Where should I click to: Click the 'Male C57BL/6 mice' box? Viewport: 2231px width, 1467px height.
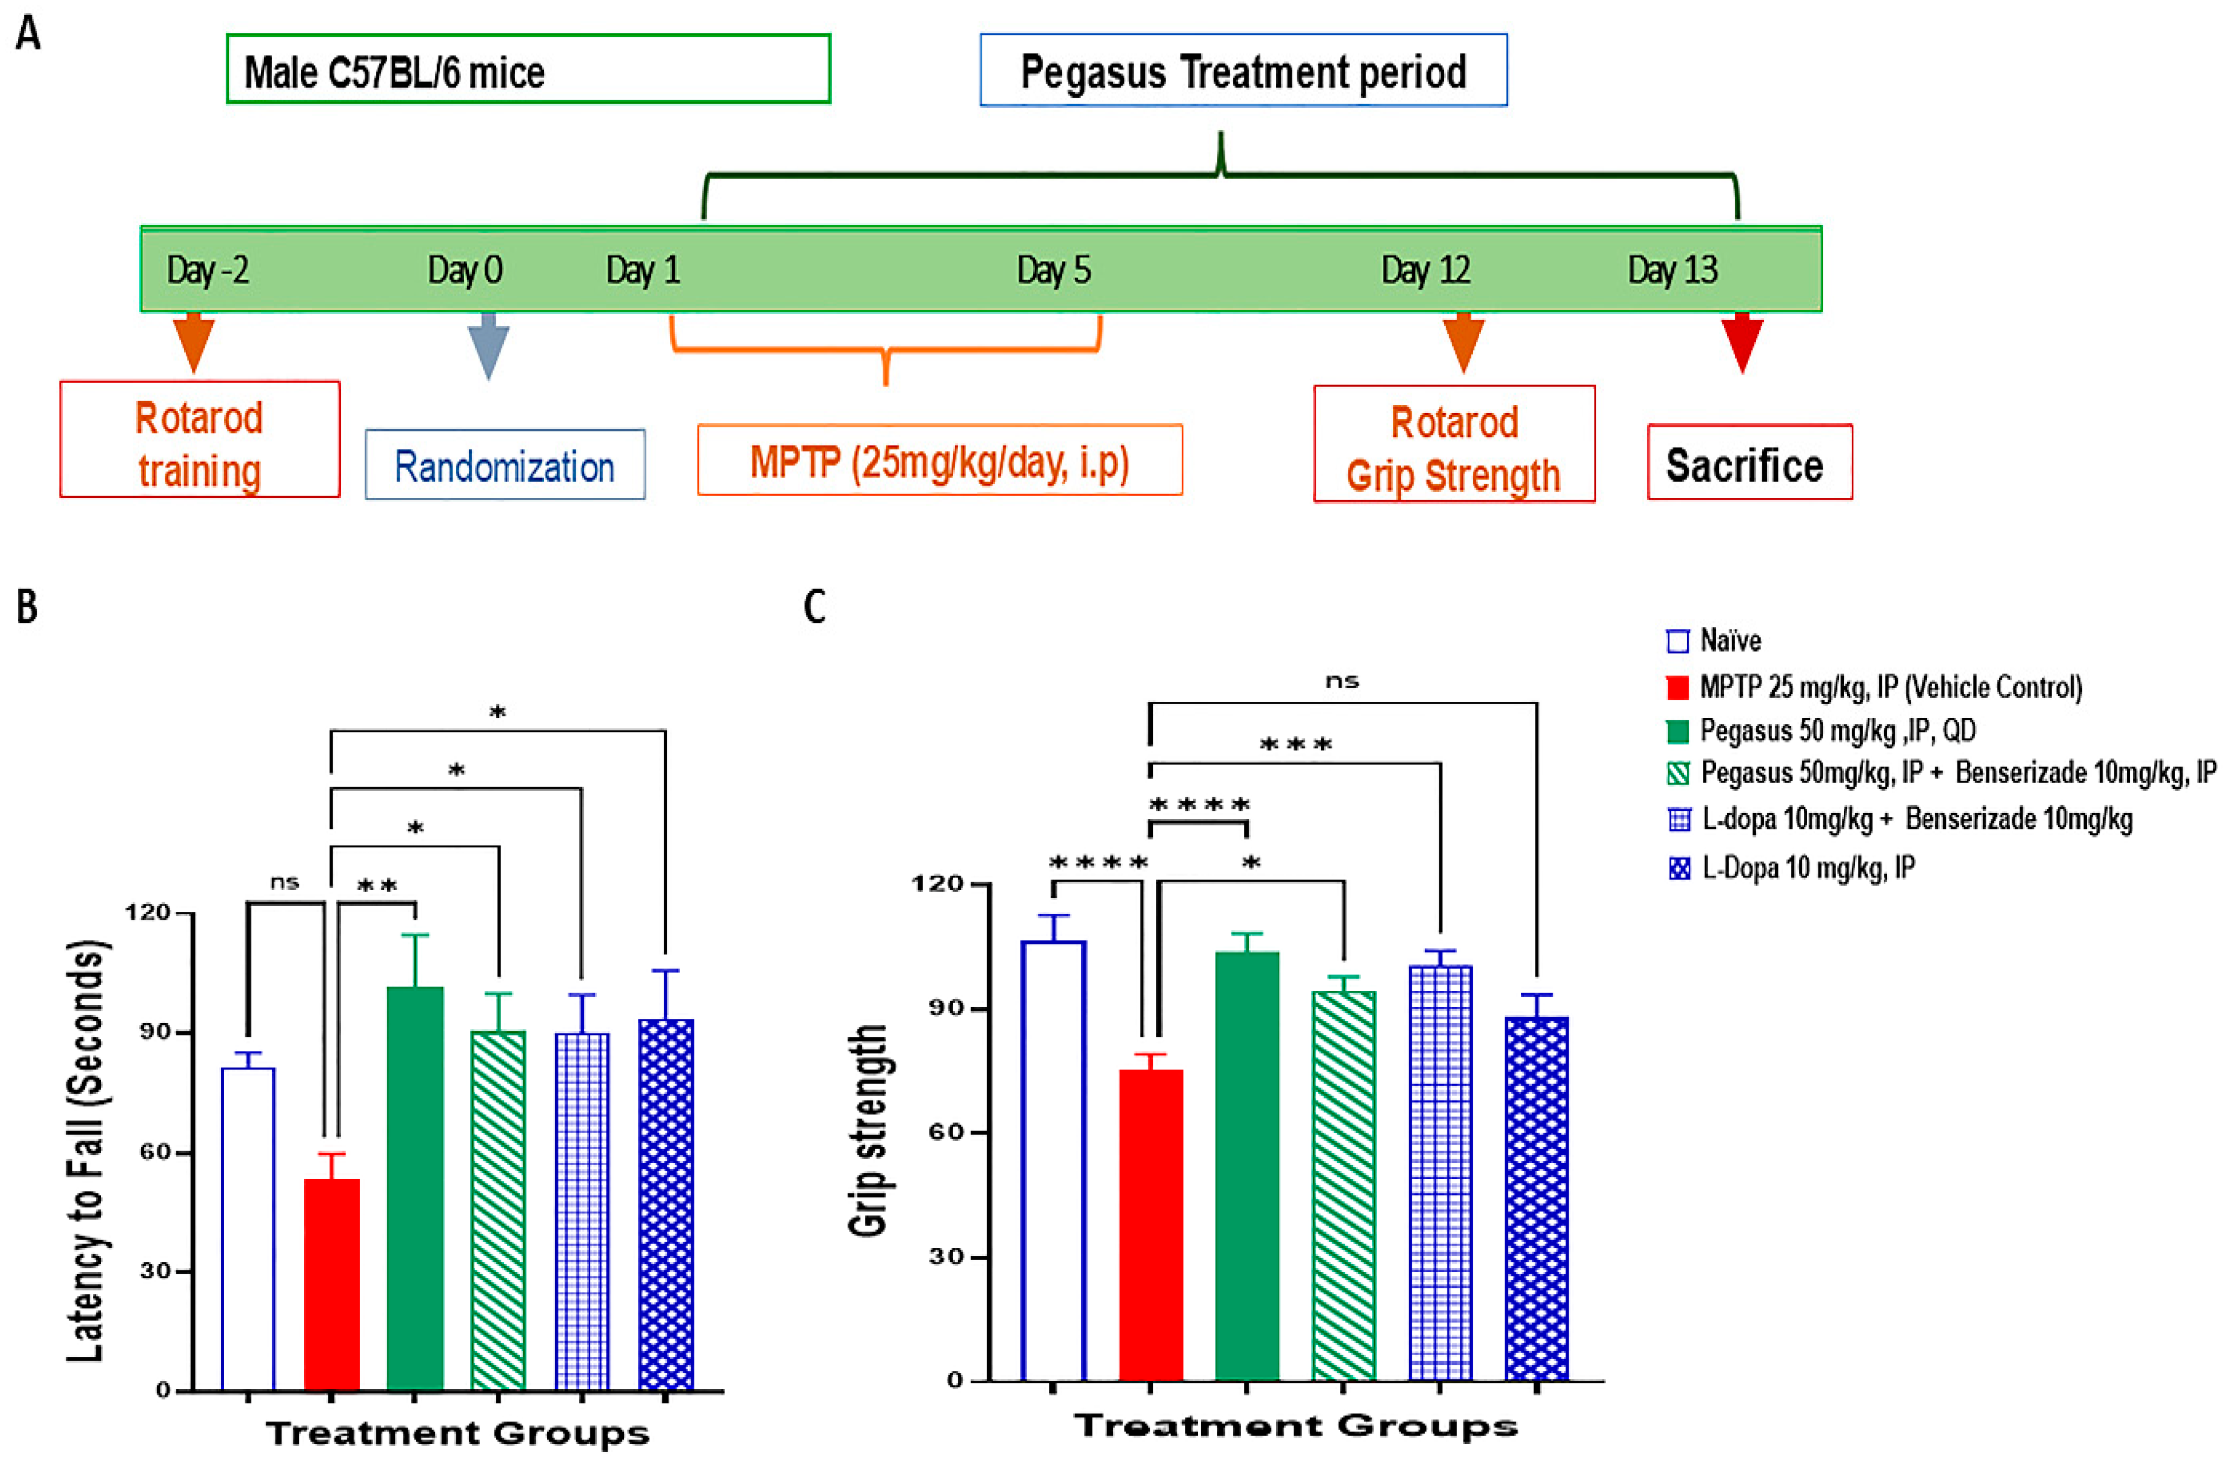tap(528, 69)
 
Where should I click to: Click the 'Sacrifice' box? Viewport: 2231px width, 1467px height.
tap(1749, 464)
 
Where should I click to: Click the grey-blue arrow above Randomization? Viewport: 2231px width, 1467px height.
tap(488, 347)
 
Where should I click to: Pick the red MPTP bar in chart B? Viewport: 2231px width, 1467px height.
tap(332, 1284)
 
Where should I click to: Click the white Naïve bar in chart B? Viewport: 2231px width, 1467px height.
tap(248, 1228)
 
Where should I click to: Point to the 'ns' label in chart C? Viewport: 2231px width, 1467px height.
tap(1342, 681)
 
